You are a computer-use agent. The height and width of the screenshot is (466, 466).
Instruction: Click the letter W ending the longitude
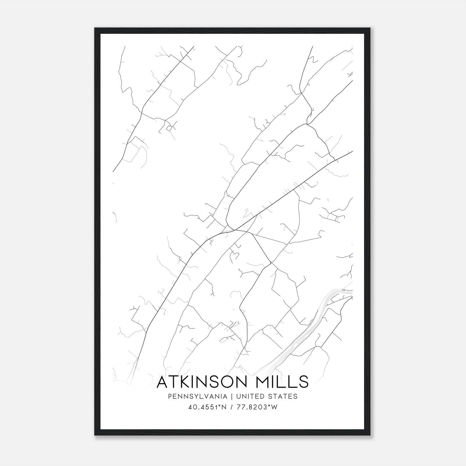coord(274,407)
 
